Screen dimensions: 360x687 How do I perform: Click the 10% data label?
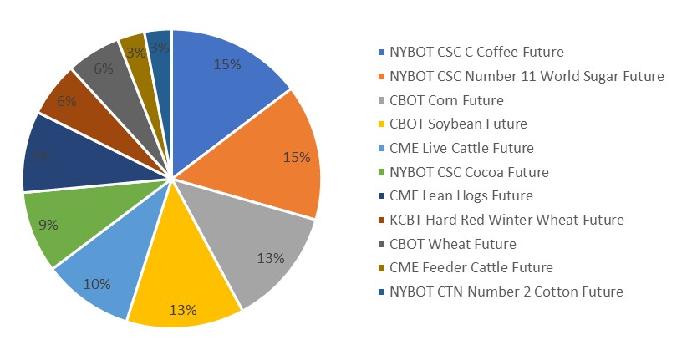tap(97, 284)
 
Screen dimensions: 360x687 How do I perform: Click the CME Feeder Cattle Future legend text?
tap(471, 267)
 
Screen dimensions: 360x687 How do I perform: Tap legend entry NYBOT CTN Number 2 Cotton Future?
tap(506, 292)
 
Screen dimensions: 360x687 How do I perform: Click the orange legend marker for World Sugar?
tap(381, 76)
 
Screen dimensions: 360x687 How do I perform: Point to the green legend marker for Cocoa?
tap(381, 172)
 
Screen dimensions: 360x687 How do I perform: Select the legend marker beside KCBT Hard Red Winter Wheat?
tap(381, 220)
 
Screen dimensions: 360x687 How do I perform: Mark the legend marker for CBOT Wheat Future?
tap(381, 244)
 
